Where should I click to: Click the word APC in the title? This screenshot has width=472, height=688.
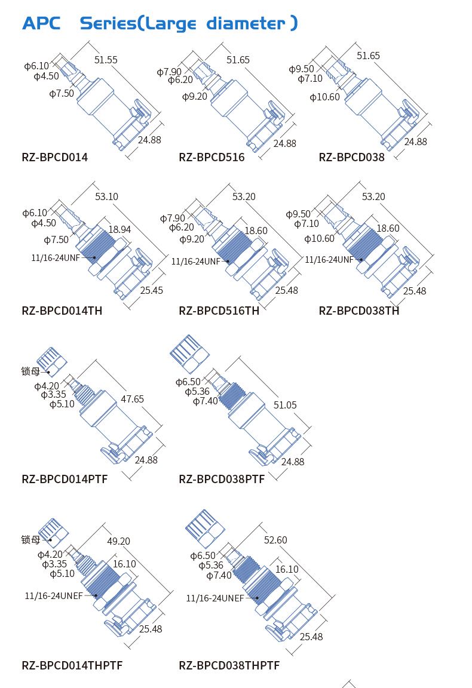tap(41, 23)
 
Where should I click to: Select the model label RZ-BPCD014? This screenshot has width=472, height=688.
tap(55, 157)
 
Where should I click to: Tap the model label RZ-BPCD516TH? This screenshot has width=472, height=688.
tap(219, 311)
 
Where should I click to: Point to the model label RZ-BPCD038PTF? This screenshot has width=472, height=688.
tap(222, 479)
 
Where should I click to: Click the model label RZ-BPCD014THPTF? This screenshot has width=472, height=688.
tap(72, 665)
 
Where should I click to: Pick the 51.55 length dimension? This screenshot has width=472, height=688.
tap(106, 60)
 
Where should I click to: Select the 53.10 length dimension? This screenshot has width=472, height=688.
tap(107, 196)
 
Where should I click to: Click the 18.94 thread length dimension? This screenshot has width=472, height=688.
tap(119, 229)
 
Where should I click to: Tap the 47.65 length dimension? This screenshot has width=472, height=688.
tap(132, 399)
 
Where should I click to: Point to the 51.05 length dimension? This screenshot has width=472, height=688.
tap(285, 404)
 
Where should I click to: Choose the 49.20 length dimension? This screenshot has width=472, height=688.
tap(118, 541)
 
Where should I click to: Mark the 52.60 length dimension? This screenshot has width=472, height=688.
tap(275, 540)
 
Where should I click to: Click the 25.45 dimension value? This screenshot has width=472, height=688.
tap(152, 290)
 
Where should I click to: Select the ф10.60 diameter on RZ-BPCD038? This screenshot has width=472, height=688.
tap(324, 97)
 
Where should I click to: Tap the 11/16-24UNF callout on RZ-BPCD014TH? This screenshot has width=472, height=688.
tap(56, 257)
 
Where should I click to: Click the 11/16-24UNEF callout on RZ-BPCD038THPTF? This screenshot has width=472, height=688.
tap(214, 598)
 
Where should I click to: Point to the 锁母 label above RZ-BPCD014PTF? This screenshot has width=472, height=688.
tap(30, 371)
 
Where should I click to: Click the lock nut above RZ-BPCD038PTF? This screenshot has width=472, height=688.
tap(189, 355)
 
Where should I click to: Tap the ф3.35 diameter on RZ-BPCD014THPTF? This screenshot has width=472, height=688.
tap(54, 564)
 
